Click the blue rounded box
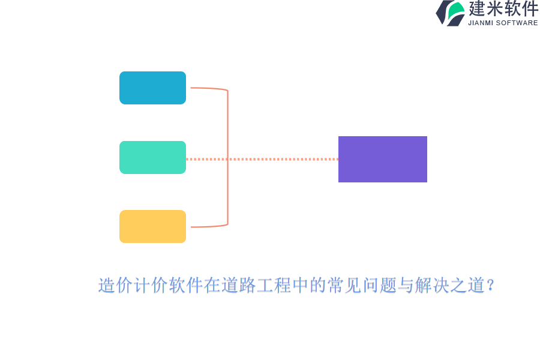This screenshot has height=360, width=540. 152,88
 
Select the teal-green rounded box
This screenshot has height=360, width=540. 152,157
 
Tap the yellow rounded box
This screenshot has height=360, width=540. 152,226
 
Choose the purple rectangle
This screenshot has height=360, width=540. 383,159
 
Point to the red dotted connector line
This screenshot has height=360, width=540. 262,159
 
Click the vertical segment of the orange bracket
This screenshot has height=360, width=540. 227,157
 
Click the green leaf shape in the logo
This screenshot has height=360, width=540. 456,11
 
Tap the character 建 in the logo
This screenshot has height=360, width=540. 477,8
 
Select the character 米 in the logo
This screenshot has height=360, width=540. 495,8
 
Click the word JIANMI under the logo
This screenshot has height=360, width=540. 481,23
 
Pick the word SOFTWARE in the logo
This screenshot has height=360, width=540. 517,23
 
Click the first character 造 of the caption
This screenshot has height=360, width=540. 106,285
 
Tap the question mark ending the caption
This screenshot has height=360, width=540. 491,285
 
